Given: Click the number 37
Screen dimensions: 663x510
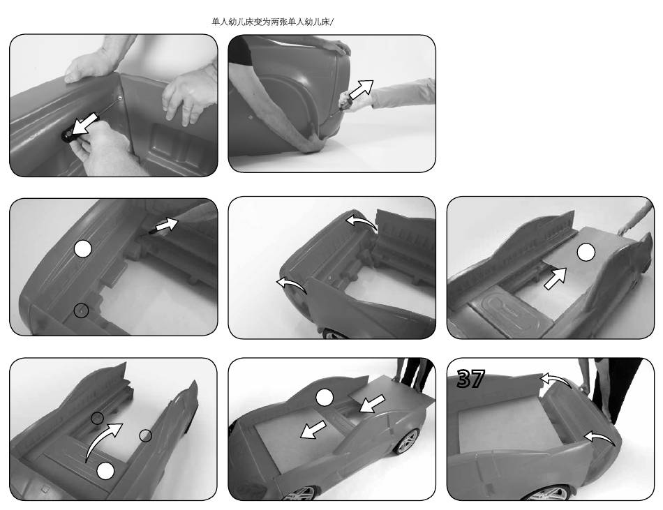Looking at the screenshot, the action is pyautogui.click(x=470, y=378).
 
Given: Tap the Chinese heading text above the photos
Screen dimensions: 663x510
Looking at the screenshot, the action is pyautogui.click(x=272, y=22).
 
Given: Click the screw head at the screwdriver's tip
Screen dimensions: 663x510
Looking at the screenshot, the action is pyautogui.click(x=121, y=98).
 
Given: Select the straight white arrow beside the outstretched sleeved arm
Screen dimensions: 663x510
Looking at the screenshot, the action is pyautogui.click(x=361, y=89).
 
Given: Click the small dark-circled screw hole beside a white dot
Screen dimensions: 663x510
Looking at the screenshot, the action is pyautogui.click(x=81, y=311).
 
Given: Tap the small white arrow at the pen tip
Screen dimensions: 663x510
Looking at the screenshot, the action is pyautogui.click(x=167, y=224).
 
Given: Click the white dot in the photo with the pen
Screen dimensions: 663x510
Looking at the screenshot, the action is pyautogui.click(x=83, y=249).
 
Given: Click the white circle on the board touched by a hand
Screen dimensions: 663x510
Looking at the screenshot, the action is pyautogui.click(x=586, y=253).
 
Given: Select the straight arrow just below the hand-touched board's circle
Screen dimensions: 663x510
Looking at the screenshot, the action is pyautogui.click(x=555, y=278).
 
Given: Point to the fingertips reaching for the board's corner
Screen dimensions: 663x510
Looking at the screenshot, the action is pyautogui.click(x=621, y=231).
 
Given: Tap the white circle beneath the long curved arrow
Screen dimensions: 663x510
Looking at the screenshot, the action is pyautogui.click(x=105, y=471).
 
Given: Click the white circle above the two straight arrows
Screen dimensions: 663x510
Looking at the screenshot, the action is pyautogui.click(x=324, y=397).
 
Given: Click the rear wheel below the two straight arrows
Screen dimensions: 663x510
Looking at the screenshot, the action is pyautogui.click(x=407, y=441).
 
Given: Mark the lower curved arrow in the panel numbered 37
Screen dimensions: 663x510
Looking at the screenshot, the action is pyautogui.click(x=599, y=437).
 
